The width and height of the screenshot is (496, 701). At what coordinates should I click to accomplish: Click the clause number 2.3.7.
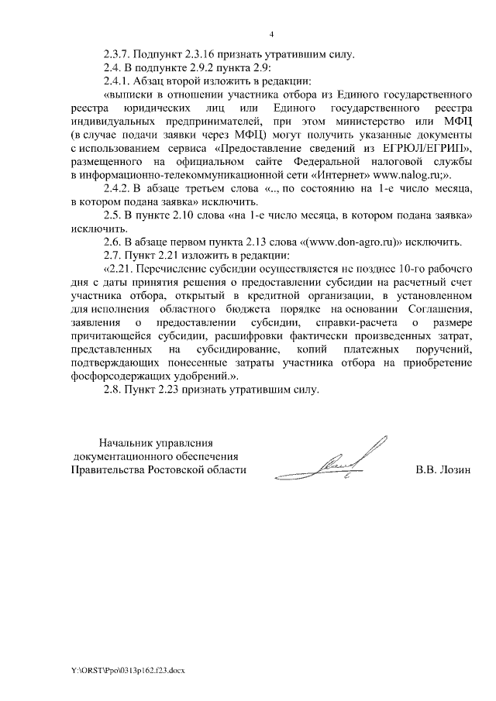[118, 55]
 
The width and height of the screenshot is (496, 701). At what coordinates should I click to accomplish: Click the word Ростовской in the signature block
[177, 470]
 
